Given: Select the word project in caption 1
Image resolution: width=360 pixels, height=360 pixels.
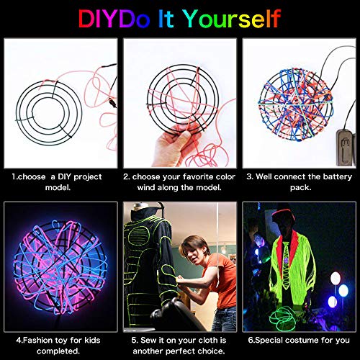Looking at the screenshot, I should coord(85,176).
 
